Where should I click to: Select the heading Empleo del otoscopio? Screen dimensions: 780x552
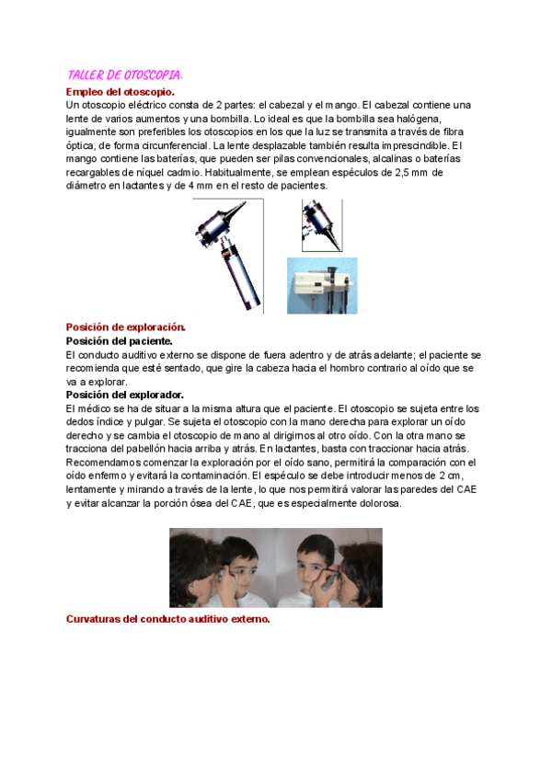121,92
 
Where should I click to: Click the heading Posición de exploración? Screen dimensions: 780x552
125,327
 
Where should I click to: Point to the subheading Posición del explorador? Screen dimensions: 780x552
124,395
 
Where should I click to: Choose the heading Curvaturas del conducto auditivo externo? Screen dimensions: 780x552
167,619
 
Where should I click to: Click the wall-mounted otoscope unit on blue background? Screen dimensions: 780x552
321,285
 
